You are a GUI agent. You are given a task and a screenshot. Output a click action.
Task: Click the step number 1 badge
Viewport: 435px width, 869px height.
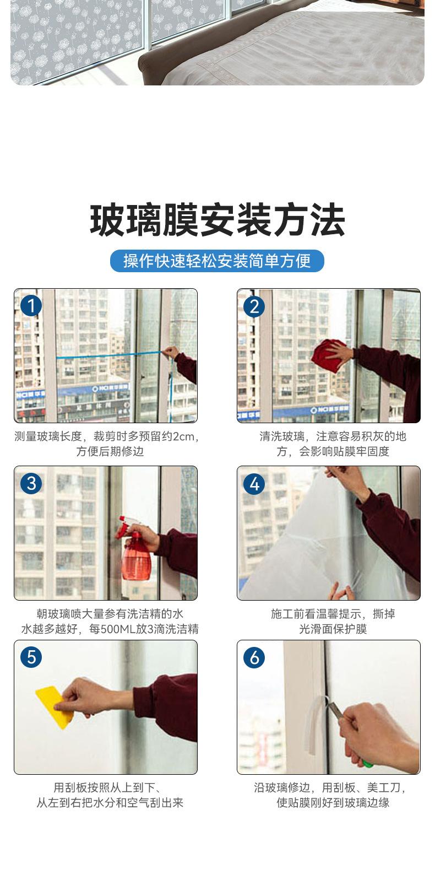click(31, 306)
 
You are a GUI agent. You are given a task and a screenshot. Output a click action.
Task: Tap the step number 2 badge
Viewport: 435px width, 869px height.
click(254, 306)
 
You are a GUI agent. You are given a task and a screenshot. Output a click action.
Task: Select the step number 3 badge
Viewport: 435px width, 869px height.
click(31, 483)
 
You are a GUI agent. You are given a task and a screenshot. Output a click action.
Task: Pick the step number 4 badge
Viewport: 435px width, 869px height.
click(254, 484)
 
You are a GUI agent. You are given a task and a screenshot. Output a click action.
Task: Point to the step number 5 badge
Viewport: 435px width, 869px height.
click(31, 657)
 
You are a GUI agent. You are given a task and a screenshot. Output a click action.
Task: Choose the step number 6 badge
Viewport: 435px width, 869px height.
click(254, 657)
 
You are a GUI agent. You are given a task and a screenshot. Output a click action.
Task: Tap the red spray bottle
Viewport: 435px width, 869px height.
click(135, 550)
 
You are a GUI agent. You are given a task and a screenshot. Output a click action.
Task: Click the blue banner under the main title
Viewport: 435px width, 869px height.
click(217, 261)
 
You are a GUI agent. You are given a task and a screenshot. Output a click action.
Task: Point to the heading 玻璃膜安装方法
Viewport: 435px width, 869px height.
click(217, 220)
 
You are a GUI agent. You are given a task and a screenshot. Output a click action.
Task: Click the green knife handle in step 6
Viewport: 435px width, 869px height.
click(367, 764)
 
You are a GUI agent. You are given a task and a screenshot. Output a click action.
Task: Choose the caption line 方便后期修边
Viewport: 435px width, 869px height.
click(110, 451)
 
